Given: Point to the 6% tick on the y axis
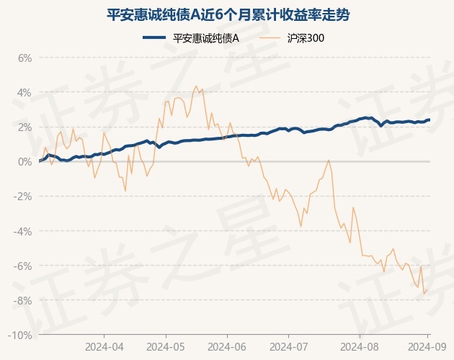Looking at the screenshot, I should point(25,58).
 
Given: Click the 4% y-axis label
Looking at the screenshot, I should point(25,92).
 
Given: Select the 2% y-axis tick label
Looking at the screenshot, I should point(25,127).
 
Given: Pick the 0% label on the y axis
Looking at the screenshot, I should point(25,161).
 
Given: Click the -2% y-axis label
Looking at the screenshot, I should point(23,197).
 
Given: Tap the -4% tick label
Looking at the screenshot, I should point(23,231).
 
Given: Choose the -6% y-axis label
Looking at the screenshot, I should point(23,266).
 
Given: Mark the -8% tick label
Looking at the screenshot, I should point(23,300).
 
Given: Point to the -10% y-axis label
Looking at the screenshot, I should point(21,335).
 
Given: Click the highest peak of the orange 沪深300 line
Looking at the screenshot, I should point(196,86).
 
